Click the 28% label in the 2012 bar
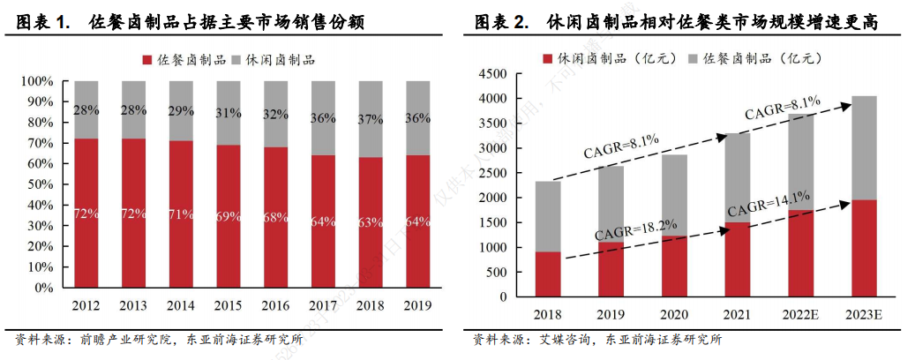86,110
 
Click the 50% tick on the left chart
40,184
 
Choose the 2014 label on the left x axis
181,305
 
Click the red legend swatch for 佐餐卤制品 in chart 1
147,60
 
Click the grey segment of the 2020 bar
673,194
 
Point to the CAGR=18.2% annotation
636,229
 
